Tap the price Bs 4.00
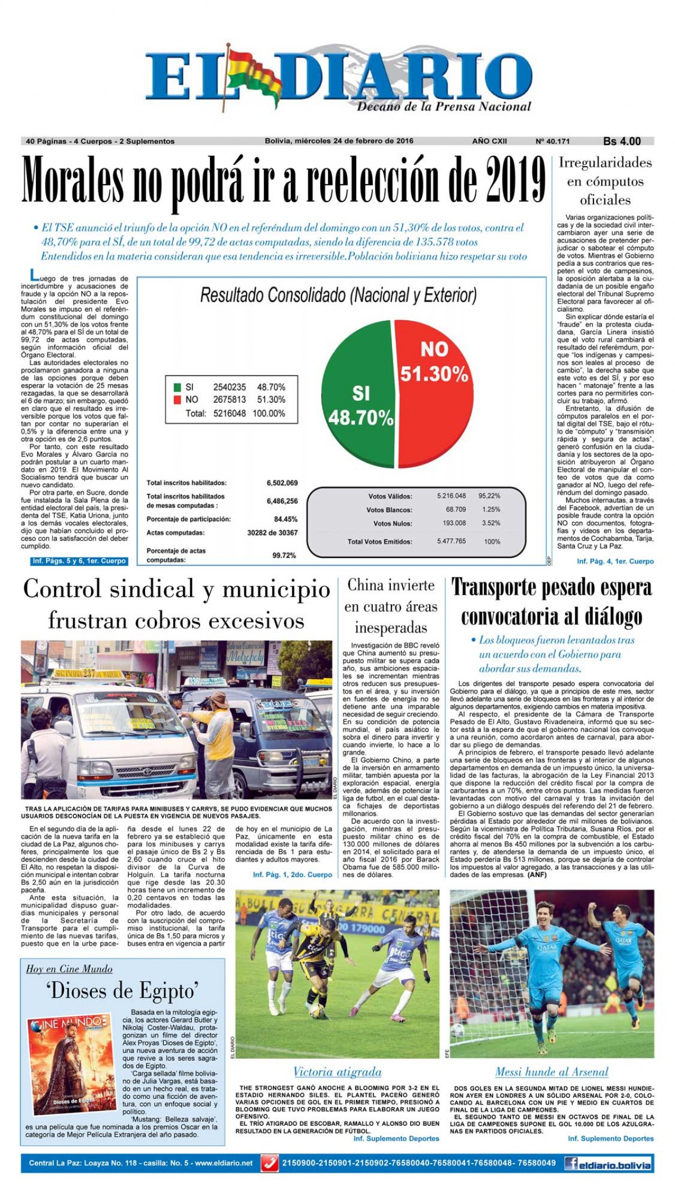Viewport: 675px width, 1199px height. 622,141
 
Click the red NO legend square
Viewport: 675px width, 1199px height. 177,399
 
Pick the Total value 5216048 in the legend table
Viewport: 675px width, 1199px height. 229,413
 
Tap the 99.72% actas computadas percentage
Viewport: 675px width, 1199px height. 284,555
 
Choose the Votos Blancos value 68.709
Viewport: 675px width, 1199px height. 456,509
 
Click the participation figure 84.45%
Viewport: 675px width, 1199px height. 285,519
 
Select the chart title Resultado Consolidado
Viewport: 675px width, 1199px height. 338,295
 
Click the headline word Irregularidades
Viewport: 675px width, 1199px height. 605,163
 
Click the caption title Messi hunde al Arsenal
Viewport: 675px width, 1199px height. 551,1072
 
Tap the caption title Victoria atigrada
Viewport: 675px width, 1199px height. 337,1072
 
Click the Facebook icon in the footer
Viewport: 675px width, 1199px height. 571,1163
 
